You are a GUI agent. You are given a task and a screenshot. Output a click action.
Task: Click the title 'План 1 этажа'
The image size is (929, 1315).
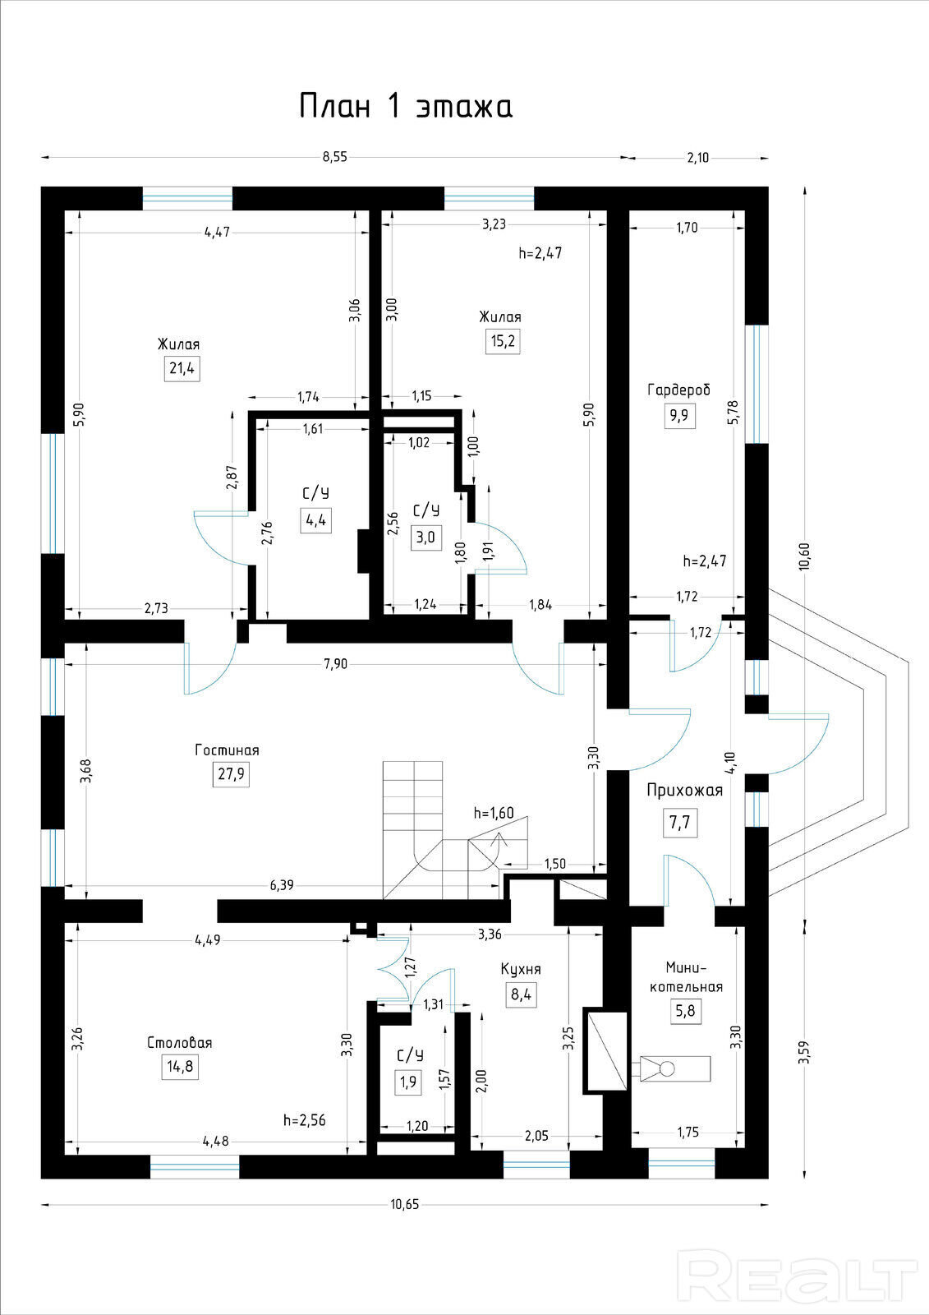(x=406, y=106)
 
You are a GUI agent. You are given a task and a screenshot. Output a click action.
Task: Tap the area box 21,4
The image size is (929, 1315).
(x=182, y=368)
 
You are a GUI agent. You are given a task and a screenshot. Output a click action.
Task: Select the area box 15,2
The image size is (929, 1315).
(x=503, y=340)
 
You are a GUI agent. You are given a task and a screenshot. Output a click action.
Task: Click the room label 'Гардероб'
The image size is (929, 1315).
(x=679, y=390)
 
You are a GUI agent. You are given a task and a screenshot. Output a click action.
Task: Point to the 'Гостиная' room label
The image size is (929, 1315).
(x=227, y=750)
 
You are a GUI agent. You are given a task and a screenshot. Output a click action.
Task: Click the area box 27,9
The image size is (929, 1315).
(x=231, y=773)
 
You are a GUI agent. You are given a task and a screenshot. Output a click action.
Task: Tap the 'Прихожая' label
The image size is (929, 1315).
(x=685, y=790)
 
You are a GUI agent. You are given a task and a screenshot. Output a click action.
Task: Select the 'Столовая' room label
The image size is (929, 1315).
(x=180, y=1043)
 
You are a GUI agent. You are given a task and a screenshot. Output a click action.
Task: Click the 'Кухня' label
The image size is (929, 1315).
(x=521, y=969)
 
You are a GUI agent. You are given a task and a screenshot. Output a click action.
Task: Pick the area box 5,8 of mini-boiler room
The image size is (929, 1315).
(x=685, y=1010)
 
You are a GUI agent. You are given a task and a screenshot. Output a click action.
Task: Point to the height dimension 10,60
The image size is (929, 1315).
(x=805, y=556)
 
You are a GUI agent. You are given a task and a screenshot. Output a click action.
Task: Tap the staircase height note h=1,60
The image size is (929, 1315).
(x=494, y=813)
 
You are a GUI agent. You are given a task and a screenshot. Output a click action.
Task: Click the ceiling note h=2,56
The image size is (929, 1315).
(x=305, y=1120)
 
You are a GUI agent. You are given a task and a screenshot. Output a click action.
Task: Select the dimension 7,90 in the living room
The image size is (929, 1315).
(x=336, y=664)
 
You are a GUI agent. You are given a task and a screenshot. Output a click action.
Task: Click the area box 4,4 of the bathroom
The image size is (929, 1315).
(x=315, y=519)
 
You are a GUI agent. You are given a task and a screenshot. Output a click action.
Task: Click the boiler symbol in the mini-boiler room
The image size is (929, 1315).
(x=675, y=1069)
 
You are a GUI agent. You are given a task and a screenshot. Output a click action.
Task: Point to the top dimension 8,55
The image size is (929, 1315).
(x=335, y=157)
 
